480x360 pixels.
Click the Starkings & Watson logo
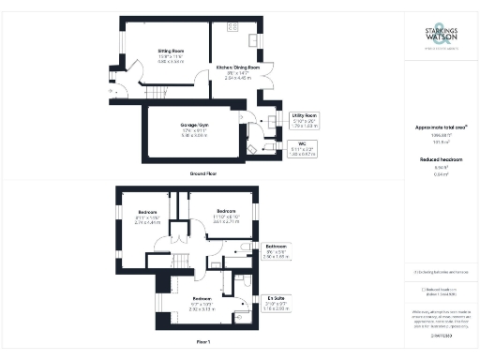[x=439, y=41]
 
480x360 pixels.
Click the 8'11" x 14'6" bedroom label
[x=148, y=215]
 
